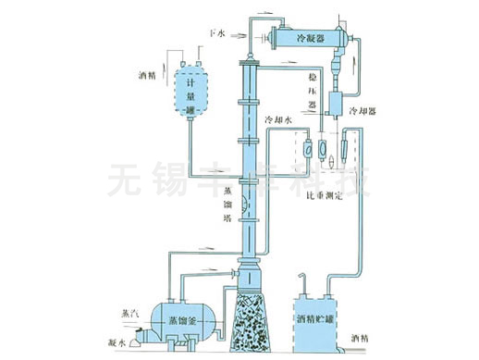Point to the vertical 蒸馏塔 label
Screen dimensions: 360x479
(x=227, y=205)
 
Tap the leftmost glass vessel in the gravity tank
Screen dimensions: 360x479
(x=303, y=146)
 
